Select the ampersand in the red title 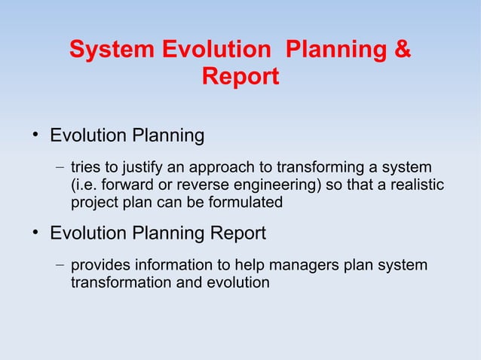403,50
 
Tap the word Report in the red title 240,77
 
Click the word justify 131,166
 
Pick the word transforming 321,166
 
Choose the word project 93,203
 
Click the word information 170,266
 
